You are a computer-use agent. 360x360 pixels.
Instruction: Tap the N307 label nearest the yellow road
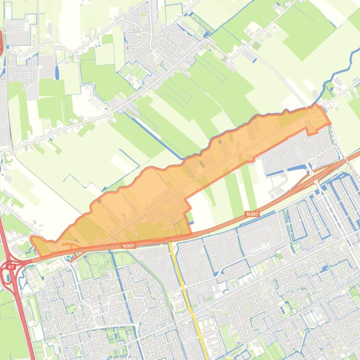[128, 245]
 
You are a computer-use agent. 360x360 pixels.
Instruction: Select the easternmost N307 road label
[252, 214]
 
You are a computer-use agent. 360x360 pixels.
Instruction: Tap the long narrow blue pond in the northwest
[57, 72]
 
